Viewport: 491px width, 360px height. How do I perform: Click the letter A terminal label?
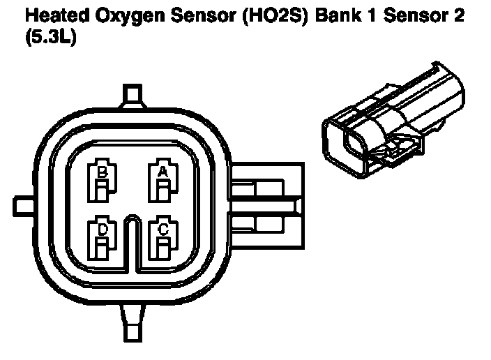[163, 170]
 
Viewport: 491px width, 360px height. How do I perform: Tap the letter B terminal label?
[102, 171]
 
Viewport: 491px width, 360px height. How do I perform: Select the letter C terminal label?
[163, 229]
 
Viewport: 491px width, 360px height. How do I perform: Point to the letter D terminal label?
[102, 229]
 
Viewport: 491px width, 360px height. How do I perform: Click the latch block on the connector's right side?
[269, 206]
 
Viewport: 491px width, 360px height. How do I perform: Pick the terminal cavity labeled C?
[163, 239]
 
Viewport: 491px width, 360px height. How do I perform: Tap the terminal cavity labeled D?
[102, 239]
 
